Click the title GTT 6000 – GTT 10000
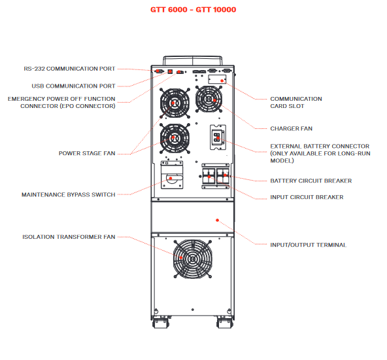[193, 10]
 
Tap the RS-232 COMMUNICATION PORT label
[69, 69]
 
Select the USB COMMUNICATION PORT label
[73, 86]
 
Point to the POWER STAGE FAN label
[87, 153]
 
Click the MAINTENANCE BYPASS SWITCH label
[69, 194]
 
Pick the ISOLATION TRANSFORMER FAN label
[69, 237]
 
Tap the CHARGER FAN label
[292, 128]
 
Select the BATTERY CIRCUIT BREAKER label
[311, 181]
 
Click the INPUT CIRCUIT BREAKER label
[307, 197]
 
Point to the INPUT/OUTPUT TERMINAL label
[309, 245]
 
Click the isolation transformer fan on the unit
[193, 259]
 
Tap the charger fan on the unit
[209, 99]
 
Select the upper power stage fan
[175, 103]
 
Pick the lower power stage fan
[175, 138]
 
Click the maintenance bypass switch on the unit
[172, 175]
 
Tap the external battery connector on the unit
[218, 137]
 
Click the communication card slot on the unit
[217, 80]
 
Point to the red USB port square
[170, 71]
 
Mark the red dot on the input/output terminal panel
[217, 220]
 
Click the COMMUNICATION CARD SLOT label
[296, 103]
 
